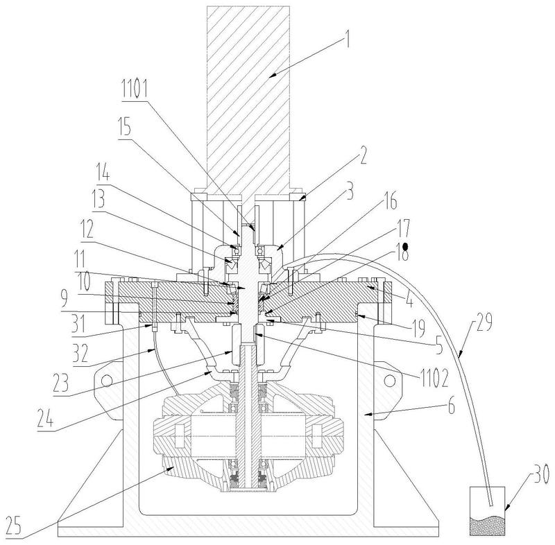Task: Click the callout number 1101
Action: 135,89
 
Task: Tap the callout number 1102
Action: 434,378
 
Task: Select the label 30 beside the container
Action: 540,474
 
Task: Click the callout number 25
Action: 13,525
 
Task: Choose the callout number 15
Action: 124,127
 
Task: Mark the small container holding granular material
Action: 487,511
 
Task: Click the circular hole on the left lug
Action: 107,381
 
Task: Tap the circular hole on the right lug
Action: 389,381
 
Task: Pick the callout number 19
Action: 419,328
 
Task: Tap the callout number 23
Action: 60,383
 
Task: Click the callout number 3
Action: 350,191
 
